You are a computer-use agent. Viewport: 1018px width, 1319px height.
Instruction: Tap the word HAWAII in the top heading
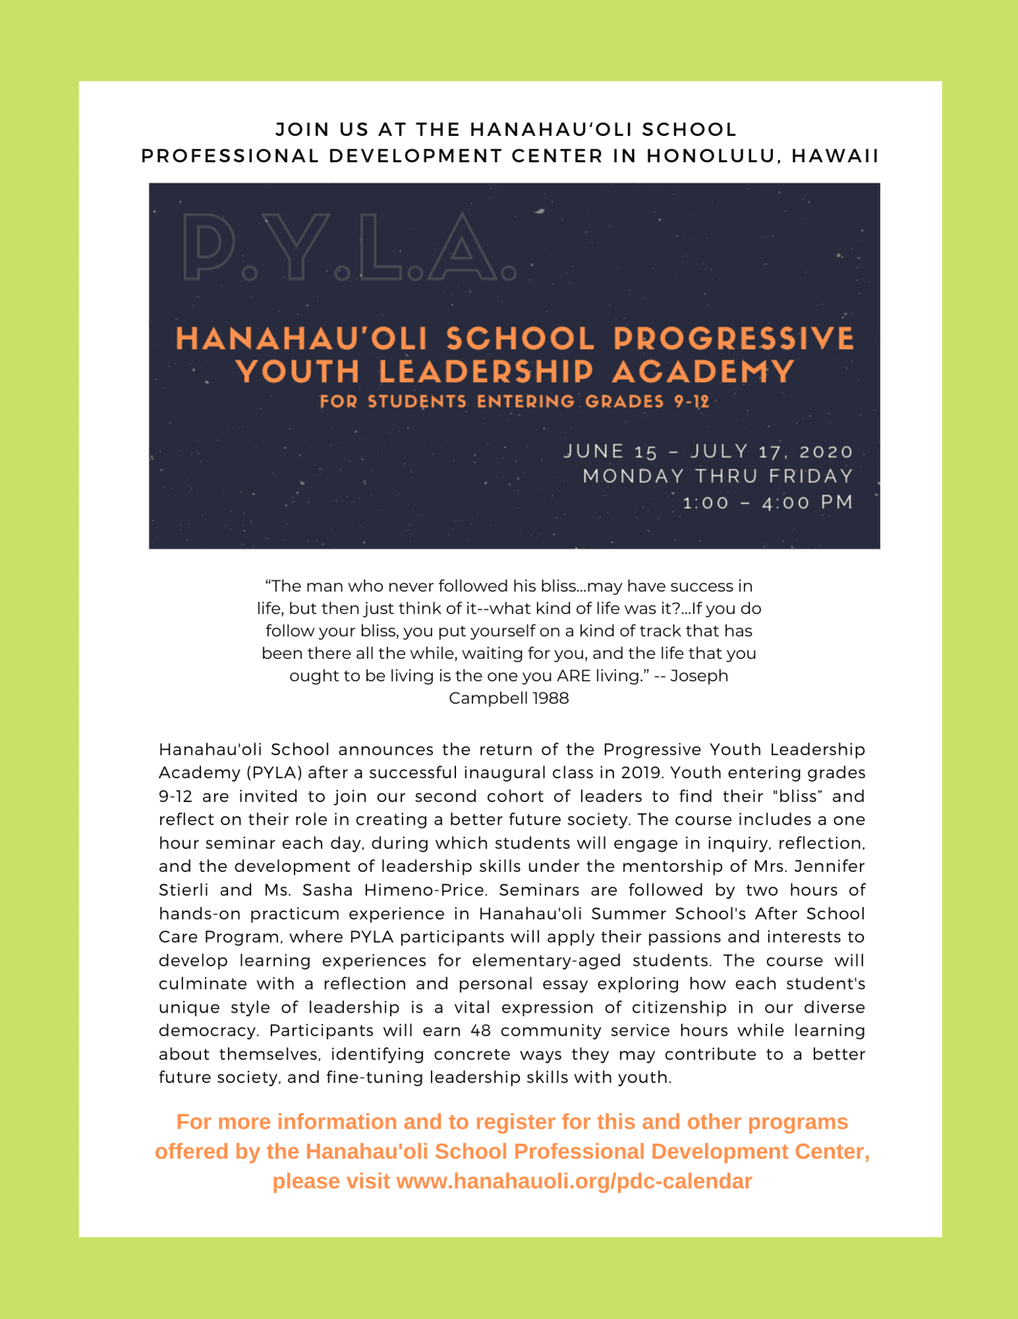click(835, 156)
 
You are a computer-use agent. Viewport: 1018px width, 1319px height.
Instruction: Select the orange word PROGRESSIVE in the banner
click(734, 338)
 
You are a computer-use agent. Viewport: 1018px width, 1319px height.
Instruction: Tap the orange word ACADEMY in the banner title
click(703, 372)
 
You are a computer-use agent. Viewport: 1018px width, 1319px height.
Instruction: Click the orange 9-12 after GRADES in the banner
click(692, 401)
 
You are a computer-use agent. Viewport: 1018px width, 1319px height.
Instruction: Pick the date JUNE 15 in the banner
click(611, 452)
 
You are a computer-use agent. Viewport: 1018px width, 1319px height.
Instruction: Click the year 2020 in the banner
click(826, 452)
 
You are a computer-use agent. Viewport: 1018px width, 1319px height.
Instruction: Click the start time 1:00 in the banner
click(706, 503)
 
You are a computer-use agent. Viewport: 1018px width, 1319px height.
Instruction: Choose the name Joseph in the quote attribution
click(699, 676)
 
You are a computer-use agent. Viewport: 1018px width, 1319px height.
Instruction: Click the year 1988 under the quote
click(550, 698)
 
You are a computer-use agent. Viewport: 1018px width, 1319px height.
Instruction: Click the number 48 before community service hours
click(480, 1030)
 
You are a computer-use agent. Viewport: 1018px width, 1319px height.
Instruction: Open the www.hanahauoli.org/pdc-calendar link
click(573, 1181)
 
